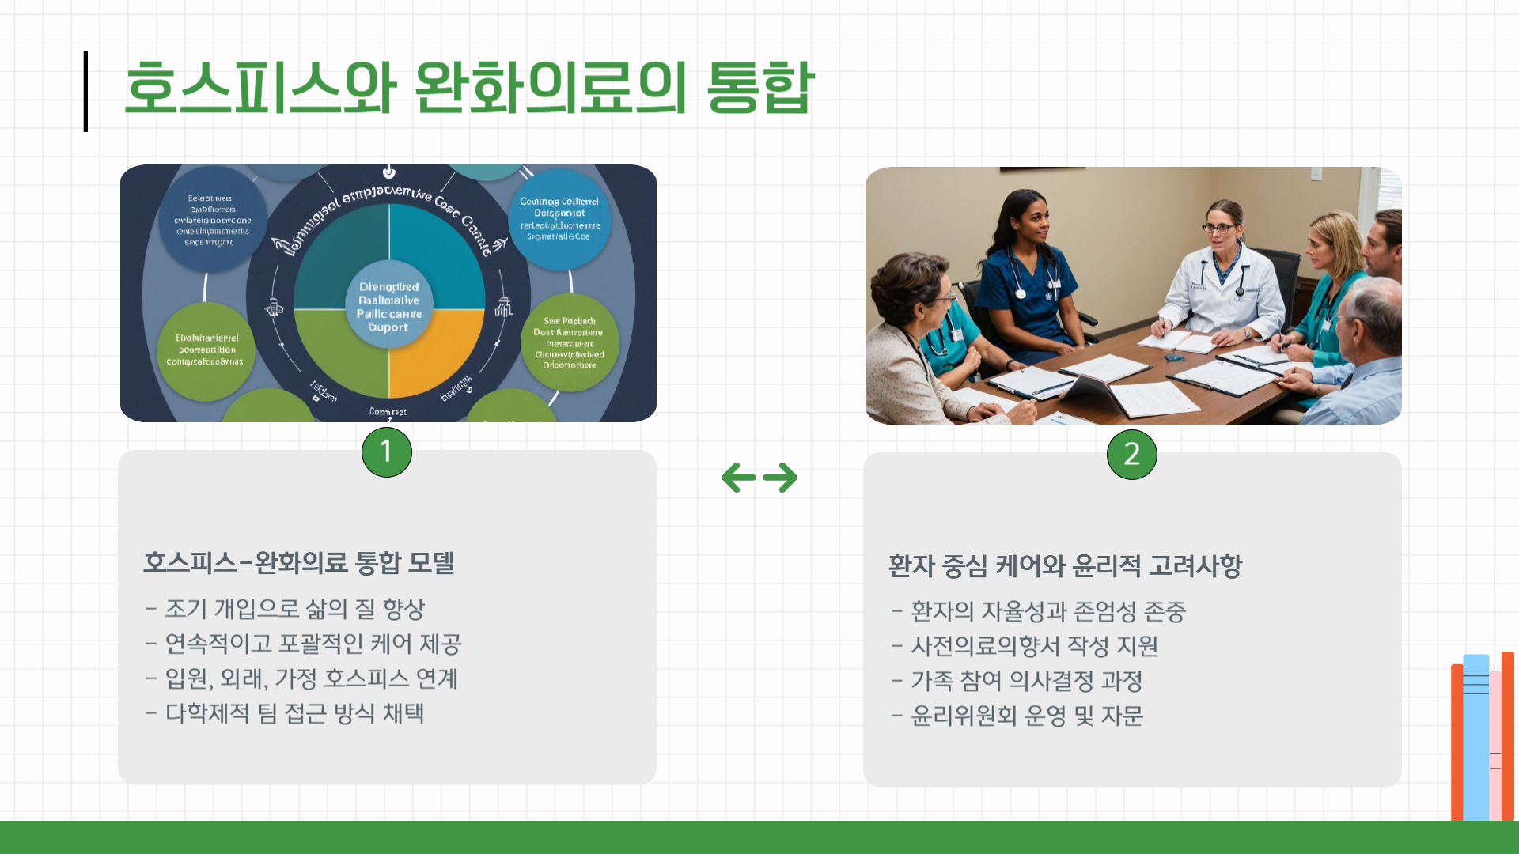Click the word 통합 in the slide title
pyautogui.click(x=759, y=87)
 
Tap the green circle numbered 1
pyautogui.click(x=387, y=452)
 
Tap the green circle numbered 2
pyautogui.click(x=1132, y=455)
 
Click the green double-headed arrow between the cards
pyautogui.click(x=759, y=478)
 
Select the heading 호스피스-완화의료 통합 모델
pyautogui.click(x=299, y=563)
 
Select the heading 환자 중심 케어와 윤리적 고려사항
pyautogui.click(x=1065, y=566)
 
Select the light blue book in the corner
pyautogui.click(x=1475, y=735)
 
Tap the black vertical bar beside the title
pyautogui.click(x=85, y=91)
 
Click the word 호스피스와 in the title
pyautogui.click(x=260, y=87)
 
